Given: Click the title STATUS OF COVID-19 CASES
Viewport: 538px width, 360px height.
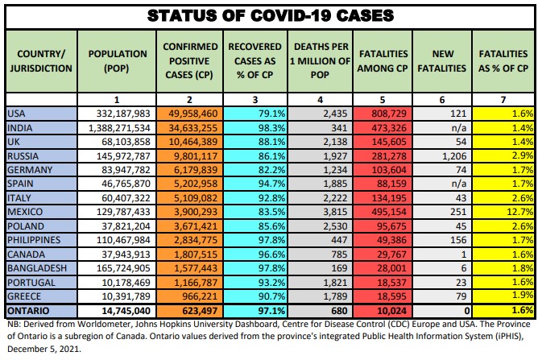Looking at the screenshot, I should click(x=268, y=14).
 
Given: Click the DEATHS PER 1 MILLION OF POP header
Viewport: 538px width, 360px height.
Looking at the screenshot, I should click(x=321, y=60).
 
